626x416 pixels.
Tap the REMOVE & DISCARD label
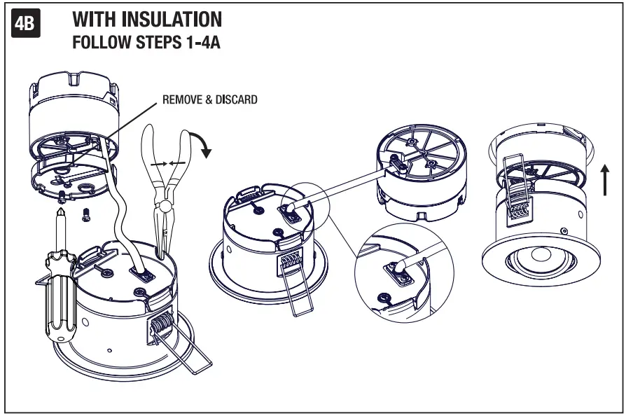[x=209, y=100]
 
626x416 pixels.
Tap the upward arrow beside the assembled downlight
[x=603, y=178]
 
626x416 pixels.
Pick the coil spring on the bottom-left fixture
[x=160, y=326]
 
